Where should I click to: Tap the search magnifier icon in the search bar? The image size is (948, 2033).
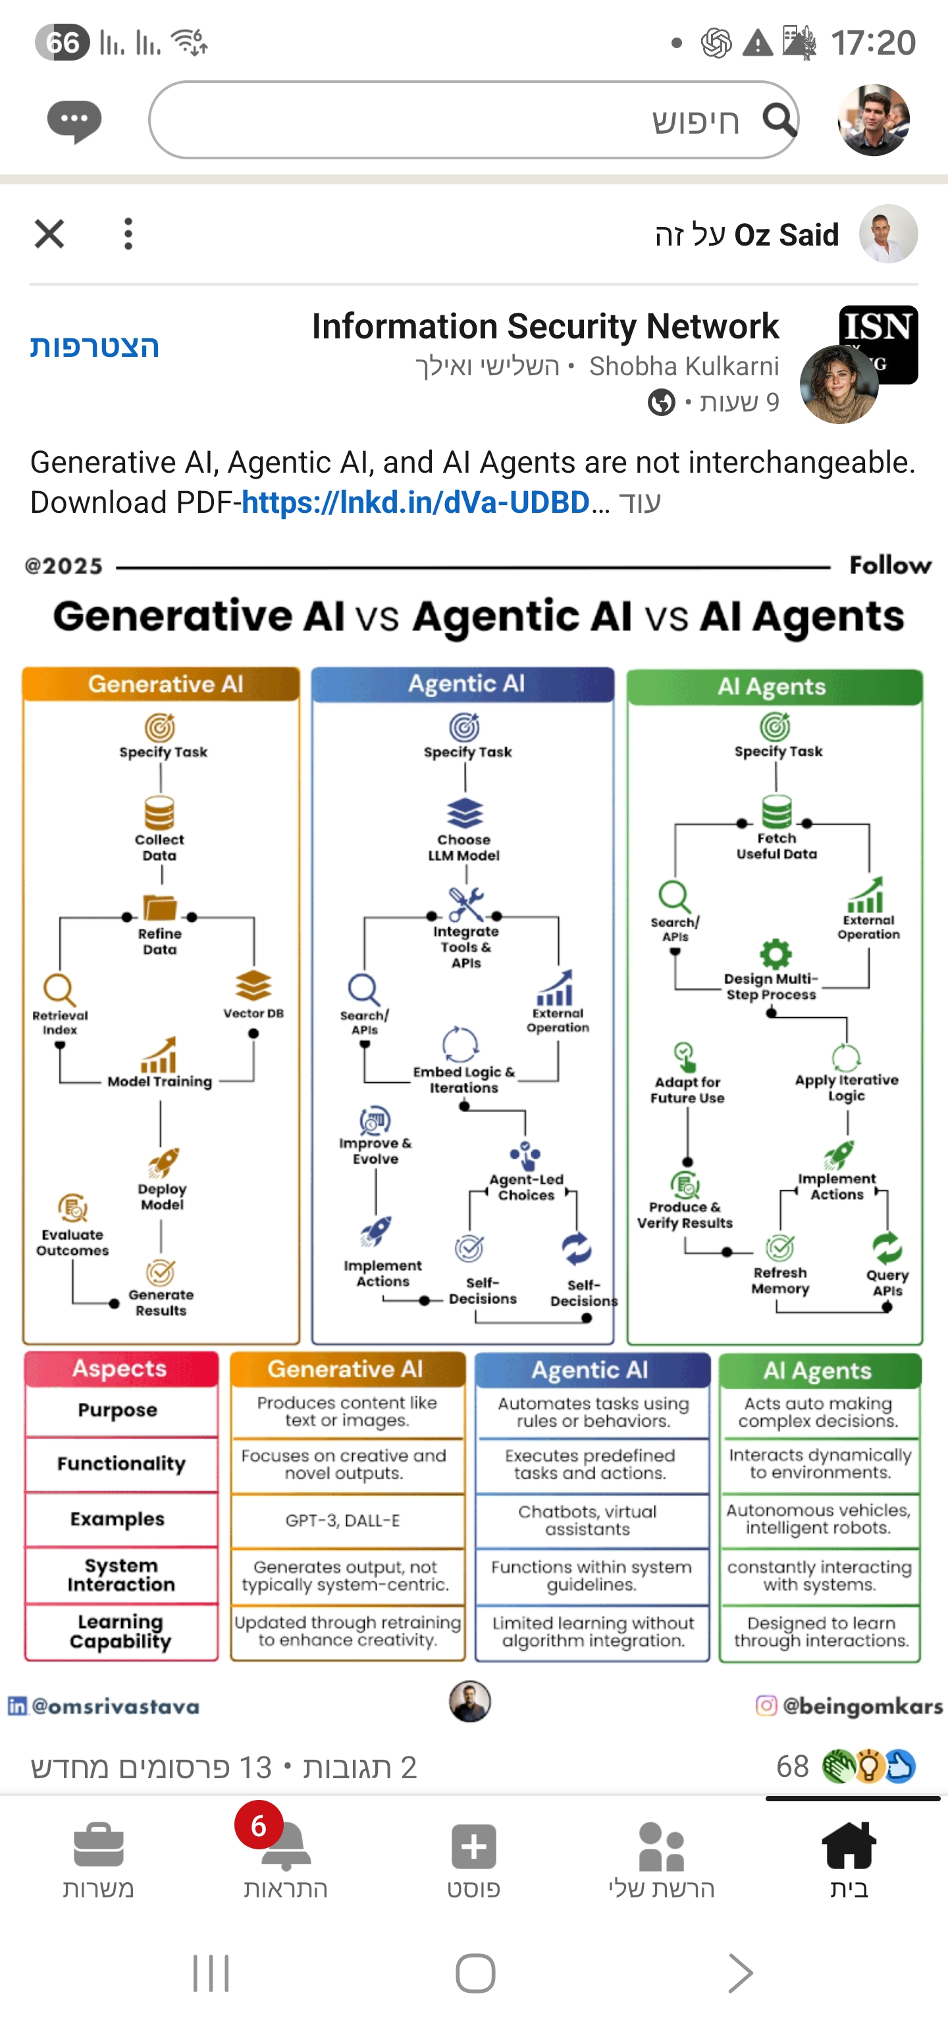pyautogui.click(x=778, y=120)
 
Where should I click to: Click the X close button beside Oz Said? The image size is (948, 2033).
pyautogui.click(x=49, y=234)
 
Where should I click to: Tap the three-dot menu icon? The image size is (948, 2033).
pyautogui.click(x=128, y=234)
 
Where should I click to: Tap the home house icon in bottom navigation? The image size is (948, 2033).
pyautogui.click(x=849, y=1846)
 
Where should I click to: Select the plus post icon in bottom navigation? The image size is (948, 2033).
pyautogui.click(x=473, y=1846)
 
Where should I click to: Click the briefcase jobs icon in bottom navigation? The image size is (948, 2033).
pyautogui.click(x=99, y=1846)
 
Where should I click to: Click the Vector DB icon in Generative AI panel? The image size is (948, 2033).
pyautogui.click(x=253, y=986)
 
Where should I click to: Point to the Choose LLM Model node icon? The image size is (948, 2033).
pyautogui.click(x=464, y=813)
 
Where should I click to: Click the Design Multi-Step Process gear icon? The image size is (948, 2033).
pyautogui.click(x=775, y=953)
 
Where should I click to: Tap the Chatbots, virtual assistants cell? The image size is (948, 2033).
pyautogui.click(x=587, y=1520)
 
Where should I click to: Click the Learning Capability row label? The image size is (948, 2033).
pyautogui.click(x=120, y=1631)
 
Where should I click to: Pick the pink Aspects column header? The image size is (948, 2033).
pyautogui.click(x=120, y=1369)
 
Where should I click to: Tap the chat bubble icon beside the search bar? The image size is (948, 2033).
pyautogui.click(x=74, y=120)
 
